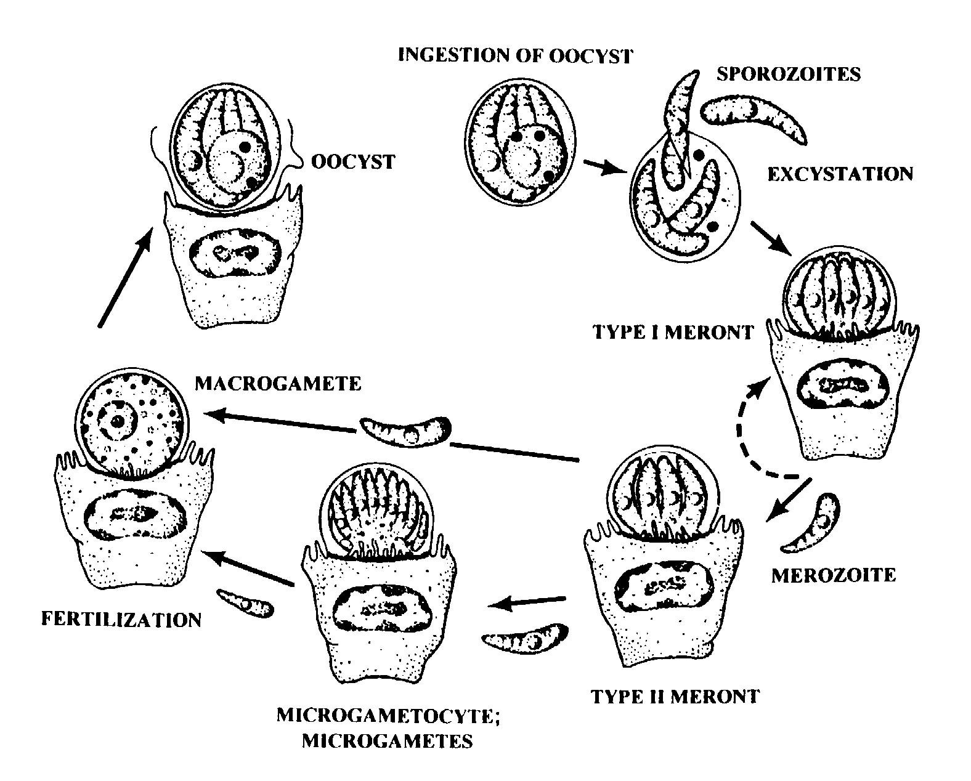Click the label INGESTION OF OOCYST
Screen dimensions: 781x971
point(515,55)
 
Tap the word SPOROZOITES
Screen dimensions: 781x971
point(788,73)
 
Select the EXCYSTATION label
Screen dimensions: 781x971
point(839,174)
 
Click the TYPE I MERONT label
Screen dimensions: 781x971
point(672,333)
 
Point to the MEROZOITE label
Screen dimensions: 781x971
point(833,575)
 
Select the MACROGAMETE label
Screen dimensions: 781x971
point(277,384)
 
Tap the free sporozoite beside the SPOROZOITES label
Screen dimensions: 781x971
point(754,117)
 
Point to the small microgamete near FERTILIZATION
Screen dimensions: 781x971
point(245,603)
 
